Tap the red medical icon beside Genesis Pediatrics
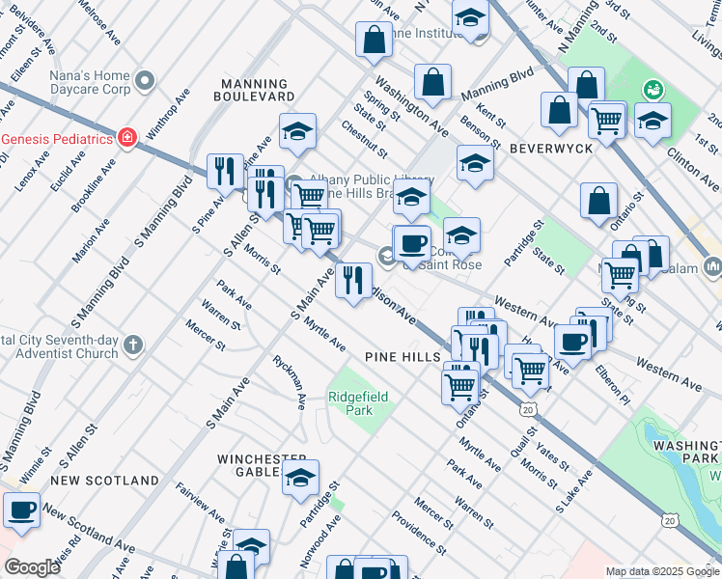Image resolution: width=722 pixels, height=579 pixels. (126, 139)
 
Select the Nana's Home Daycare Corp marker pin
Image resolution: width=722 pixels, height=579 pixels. (146, 80)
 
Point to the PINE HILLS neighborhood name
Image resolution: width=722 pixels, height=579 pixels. (403, 357)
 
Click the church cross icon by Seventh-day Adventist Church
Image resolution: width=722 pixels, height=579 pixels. (133, 344)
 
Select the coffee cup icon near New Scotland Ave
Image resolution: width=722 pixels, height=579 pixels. (21, 509)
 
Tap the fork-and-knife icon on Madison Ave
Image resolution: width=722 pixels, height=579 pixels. (354, 281)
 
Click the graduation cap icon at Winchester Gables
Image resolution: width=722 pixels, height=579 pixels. (300, 477)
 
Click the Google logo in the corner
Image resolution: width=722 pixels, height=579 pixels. (32, 568)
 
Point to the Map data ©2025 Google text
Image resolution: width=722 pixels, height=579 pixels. (661, 571)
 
